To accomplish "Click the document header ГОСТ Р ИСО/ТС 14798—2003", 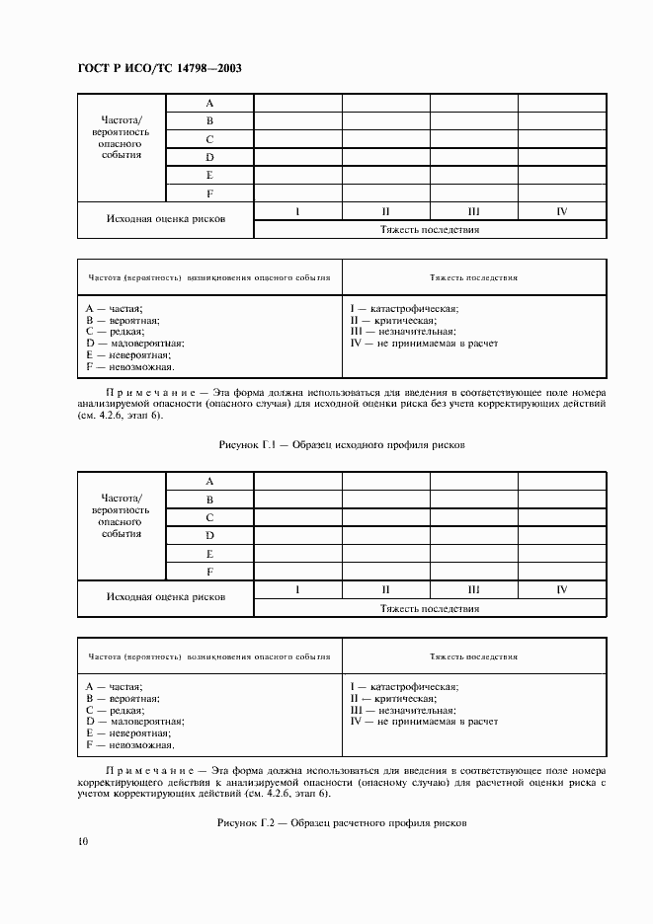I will tap(159, 68).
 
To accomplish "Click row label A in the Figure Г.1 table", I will tap(209, 103).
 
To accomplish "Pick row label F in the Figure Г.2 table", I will tap(209, 571).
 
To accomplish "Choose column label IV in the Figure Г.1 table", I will tap(561, 211).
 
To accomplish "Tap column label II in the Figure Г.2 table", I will tap(386, 589).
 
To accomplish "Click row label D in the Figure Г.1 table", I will tap(209, 157).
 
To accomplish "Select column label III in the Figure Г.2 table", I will tap(473, 589).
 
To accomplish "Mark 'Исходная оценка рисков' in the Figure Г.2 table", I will tap(166, 597).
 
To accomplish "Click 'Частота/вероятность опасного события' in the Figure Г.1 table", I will tap(122, 138).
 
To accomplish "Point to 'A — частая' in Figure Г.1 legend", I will tap(115, 308).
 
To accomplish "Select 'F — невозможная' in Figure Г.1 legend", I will tap(129, 366).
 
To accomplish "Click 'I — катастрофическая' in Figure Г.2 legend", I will tap(404, 685).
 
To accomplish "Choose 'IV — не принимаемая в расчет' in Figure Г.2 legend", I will tap(424, 721).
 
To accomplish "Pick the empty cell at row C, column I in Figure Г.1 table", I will tap(297, 139).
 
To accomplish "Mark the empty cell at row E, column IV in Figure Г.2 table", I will tap(561, 553).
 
